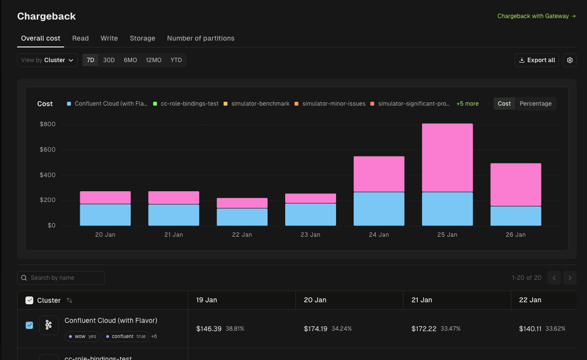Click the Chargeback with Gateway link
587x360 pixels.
pyautogui.click(x=536, y=16)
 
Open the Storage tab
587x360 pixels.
pyautogui.click(x=142, y=38)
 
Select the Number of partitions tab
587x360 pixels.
pyautogui.click(x=201, y=38)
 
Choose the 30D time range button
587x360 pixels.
pyautogui.click(x=109, y=60)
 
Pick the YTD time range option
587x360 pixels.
pyautogui.click(x=176, y=60)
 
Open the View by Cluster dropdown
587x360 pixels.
pyautogui.click(x=47, y=60)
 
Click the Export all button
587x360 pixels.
pyautogui.click(x=537, y=60)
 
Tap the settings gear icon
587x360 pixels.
pyautogui.click(x=569, y=60)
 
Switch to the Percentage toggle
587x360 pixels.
pyautogui.click(x=535, y=104)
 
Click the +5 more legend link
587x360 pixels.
pyautogui.click(x=467, y=104)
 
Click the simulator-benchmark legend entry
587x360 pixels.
pyautogui.click(x=256, y=104)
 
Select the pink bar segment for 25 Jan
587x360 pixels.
pyautogui.click(x=447, y=157)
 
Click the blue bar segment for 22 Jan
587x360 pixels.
pyautogui.click(x=242, y=217)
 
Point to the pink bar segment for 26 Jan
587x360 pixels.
pyautogui.click(x=516, y=184)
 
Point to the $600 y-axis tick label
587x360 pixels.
pyautogui.click(x=47, y=150)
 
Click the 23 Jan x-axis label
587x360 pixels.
pyautogui.click(x=310, y=235)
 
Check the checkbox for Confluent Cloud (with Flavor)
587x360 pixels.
pyautogui.click(x=29, y=325)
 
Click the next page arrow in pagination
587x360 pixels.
pyautogui.click(x=569, y=278)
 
